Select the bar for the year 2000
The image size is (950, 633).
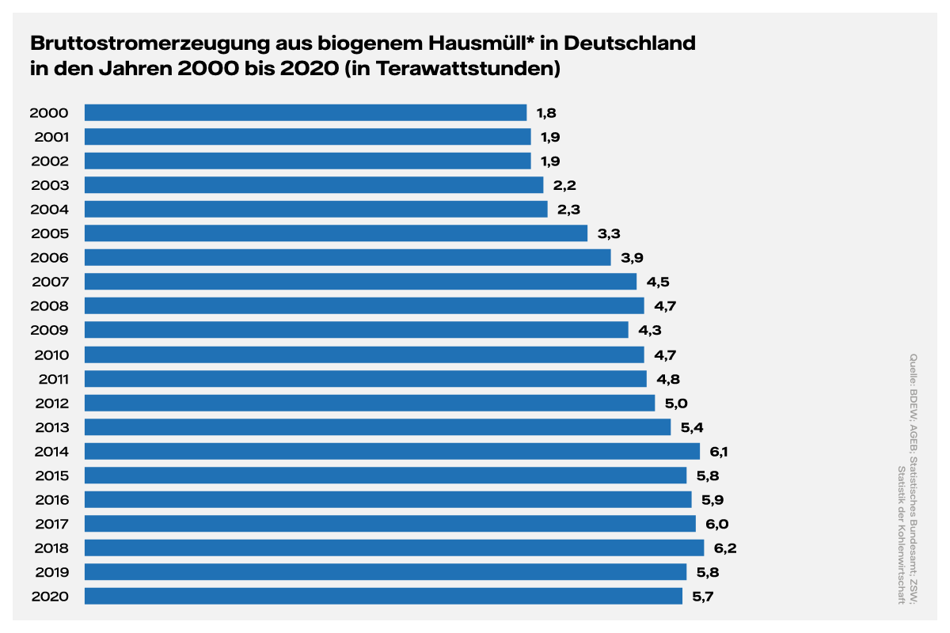[x=305, y=112]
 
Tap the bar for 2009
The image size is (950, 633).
[x=355, y=329]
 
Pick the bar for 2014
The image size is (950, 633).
[x=392, y=451]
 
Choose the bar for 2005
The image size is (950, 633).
[x=336, y=233]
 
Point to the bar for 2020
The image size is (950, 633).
[x=383, y=596]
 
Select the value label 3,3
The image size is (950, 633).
[x=608, y=233]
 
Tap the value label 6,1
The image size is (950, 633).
[x=719, y=451]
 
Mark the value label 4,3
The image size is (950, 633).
[x=649, y=330]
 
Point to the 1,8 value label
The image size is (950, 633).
[x=546, y=112]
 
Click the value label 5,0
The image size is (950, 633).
[x=676, y=403]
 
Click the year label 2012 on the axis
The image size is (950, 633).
[x=52, y=403]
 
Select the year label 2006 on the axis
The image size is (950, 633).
[x=49, y=257]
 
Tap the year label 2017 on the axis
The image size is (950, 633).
[x=50, y=524]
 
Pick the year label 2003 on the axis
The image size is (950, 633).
[x=49, y=185]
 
